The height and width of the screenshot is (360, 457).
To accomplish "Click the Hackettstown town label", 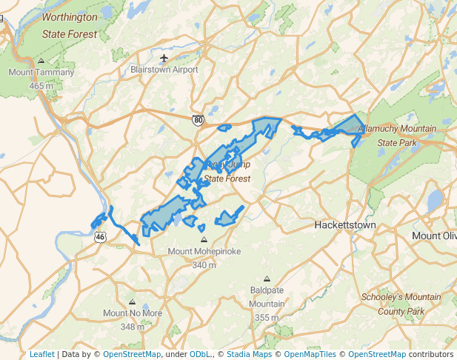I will (x=345, y=224).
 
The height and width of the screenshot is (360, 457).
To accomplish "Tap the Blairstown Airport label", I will (x=164, y=70).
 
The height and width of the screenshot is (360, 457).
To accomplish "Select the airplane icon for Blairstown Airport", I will (x=164, y=58).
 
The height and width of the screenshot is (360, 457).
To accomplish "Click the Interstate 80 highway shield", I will (x=197, y=119).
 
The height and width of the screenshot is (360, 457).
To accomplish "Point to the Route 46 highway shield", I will (x=100, y=236).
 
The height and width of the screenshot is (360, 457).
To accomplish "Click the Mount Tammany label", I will (x=41, y=73).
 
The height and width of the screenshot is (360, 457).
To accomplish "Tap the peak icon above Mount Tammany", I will (x=41, y=61).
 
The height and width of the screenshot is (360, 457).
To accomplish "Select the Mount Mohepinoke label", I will (x=204, y=252).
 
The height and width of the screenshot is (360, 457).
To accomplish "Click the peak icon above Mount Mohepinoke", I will (x=204, y=239).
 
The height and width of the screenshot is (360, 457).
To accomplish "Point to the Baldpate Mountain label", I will (x=267, y=297).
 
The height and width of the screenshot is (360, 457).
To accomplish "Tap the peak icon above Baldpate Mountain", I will (x=267, y=279).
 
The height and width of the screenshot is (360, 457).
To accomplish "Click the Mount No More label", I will (x=133, y=313).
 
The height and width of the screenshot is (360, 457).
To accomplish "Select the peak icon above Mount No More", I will (x=133, y=301).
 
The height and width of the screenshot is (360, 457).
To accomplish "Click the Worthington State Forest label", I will (x=70, y=24).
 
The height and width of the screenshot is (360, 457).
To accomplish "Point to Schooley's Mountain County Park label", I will (x=401, y=304).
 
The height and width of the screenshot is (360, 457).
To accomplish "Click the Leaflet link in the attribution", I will (x=41, y=354).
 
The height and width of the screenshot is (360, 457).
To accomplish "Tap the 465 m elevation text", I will (x=41, y=85).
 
